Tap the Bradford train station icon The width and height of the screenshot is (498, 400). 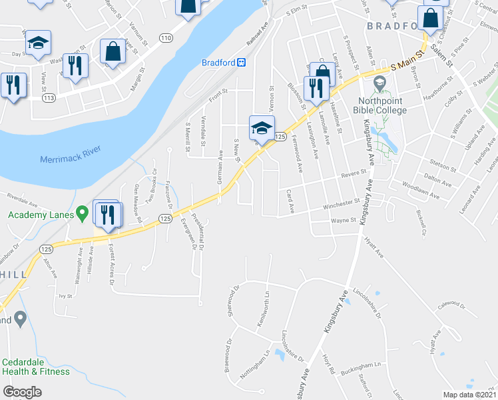pos(242,63)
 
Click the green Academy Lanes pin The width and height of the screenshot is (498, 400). pos(82,214)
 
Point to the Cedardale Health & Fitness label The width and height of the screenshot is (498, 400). pos(35,367)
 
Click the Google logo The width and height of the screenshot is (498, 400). pos(22,392)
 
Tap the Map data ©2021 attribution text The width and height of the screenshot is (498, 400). pos(469,394)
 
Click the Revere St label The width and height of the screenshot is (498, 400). pos(354,174)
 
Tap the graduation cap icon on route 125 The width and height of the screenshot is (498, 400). pos(262,127)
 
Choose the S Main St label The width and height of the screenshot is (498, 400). pos(407,64)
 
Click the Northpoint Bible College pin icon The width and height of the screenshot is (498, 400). pos(380,84)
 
